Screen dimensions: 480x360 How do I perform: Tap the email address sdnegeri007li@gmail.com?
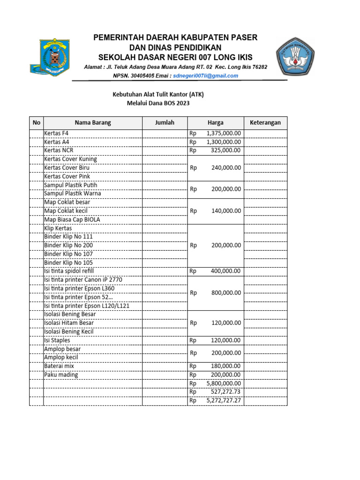tap(206, 75)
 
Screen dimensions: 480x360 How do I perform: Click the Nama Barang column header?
tap(92, 123)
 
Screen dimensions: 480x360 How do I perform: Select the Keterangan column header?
tap(265, 123)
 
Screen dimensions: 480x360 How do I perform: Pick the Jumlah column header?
tap(165, 123)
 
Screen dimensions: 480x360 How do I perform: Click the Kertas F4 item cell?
tap(56, 133)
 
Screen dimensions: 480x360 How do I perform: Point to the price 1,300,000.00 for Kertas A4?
tap(224, 142)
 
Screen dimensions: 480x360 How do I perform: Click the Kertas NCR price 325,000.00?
tap(227, 150)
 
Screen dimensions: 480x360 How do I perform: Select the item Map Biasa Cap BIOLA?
tap(72, 219)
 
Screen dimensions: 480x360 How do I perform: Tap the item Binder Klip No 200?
tap(68, 245)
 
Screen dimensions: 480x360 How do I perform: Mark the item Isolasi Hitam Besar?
tap(69, 323)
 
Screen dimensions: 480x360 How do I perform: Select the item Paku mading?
tap(61, 375)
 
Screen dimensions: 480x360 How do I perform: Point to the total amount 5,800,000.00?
tap(224, 383)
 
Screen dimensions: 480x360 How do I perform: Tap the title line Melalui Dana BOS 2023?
tap(158, 104)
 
